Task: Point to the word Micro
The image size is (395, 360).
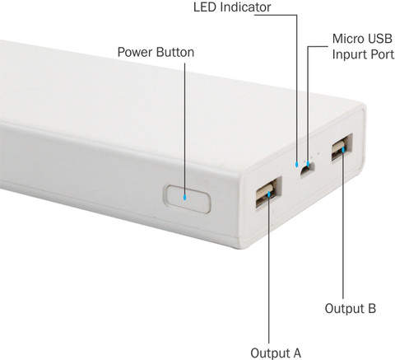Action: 348,39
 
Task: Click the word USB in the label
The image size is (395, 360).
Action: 380,39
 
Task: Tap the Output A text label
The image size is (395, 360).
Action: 276,353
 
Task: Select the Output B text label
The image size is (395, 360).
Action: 351,308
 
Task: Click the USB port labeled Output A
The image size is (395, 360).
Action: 268,192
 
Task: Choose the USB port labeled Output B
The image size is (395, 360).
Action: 342,147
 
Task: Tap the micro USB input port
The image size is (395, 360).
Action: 307,170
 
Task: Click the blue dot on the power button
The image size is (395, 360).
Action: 185,197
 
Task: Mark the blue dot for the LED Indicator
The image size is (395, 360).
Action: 296,164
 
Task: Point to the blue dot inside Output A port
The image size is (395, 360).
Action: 269,194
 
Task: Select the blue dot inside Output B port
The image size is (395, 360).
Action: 343,150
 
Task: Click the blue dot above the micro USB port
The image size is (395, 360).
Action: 308,164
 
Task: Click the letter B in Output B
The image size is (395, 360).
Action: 372,308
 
